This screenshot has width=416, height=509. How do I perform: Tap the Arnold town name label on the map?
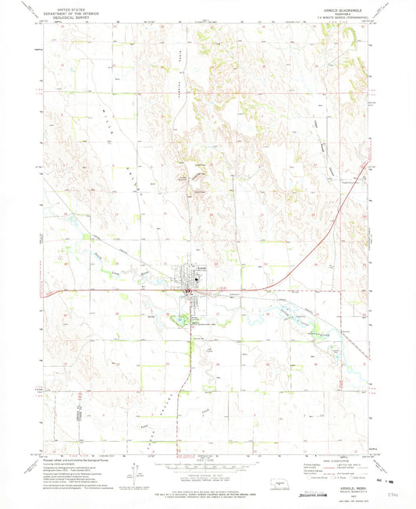pos(201,268)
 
